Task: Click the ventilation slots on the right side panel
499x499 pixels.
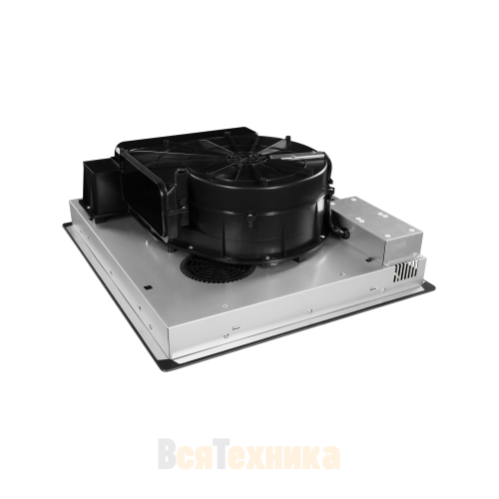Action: [405, 270]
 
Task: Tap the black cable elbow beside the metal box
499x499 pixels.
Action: [340, 231]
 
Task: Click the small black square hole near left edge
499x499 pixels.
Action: [148, 287]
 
